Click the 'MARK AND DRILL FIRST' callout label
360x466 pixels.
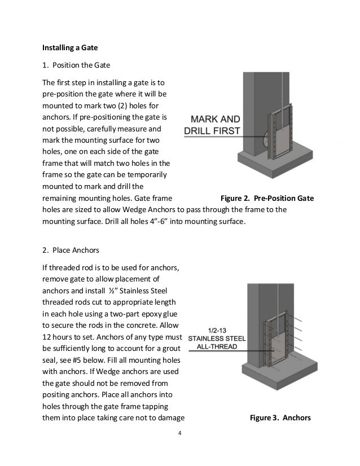(213, 125)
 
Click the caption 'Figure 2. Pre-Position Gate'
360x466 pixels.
(267, 199)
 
